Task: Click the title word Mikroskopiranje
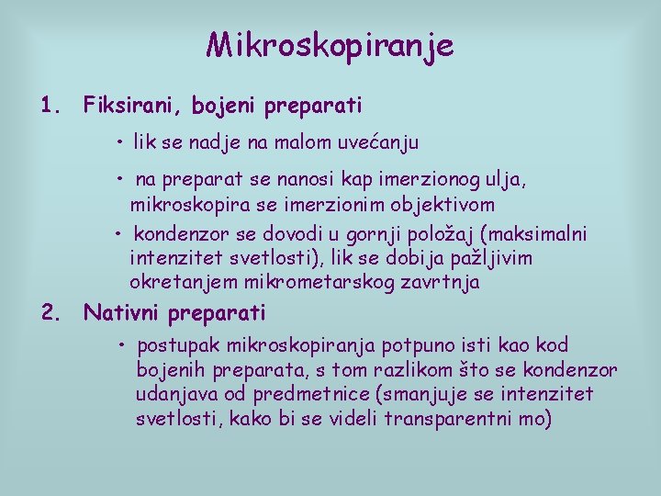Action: [330, 45]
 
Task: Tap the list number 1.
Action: [50, 106]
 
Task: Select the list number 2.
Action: [50, 313]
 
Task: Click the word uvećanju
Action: [379, 142]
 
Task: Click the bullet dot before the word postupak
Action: [121, 345]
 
